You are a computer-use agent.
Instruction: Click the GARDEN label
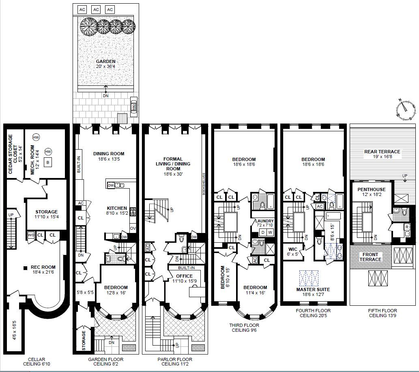(x=105, y=61)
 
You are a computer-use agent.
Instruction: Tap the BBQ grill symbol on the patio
(x=134, y=107)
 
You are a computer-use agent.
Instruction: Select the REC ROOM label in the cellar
(x=43, y=267)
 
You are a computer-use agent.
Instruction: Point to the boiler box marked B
(x=48, y=162)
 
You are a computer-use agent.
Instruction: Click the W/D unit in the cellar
(x=31, y=235)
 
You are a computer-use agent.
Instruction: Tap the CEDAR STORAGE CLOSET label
(x=13, y=154)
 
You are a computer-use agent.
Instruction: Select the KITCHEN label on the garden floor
(x=117, y=208)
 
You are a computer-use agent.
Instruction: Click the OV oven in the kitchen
(x=133, y=228)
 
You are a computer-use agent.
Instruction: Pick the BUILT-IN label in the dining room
(x=79, y=164)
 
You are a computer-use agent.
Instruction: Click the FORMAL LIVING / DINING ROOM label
(x=173, y=163)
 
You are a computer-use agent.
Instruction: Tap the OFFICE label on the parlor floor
(x=185, y=276)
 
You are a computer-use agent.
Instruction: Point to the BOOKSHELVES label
(x=204, y=184)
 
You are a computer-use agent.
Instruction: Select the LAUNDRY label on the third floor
(x=264, y=221)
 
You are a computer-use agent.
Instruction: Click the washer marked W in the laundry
(x=270, y=232)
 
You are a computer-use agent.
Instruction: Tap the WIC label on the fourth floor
(x=293, y=249)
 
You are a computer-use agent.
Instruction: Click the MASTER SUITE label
(x=313, y=289)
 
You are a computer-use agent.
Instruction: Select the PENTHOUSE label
(x=372, y=189)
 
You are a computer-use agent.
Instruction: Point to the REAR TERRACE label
(x=382, y=152)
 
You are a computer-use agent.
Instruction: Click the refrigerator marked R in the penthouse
(x=407, y=227)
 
